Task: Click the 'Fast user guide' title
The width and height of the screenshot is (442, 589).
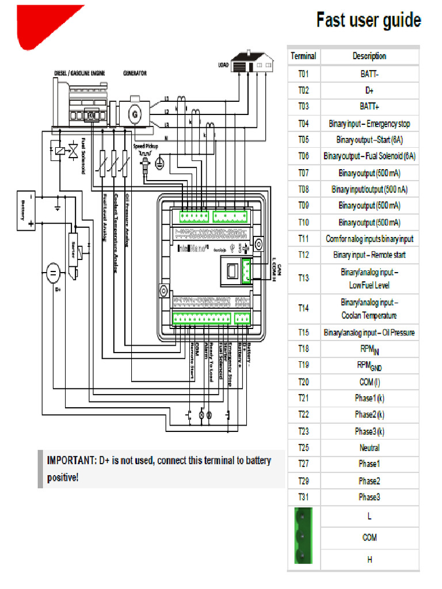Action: [368, 21]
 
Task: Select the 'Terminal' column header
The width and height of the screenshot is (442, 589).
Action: [303, 56]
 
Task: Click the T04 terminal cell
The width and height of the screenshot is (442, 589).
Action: [303, 124]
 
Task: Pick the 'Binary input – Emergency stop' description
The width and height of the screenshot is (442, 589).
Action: [369, 124]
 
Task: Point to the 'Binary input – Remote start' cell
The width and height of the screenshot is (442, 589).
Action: [369, 255]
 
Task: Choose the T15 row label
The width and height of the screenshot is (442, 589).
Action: [303, 332]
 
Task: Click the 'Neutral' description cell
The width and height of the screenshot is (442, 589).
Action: [369, 448]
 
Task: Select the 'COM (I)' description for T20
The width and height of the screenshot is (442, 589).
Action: [369, 382]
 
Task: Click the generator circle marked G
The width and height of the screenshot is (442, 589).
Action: [135, 114]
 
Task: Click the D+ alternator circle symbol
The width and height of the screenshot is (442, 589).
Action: [52, 271]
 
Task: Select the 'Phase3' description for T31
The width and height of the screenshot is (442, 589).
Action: [369, 497]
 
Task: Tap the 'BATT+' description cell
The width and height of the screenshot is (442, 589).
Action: [369, 106]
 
